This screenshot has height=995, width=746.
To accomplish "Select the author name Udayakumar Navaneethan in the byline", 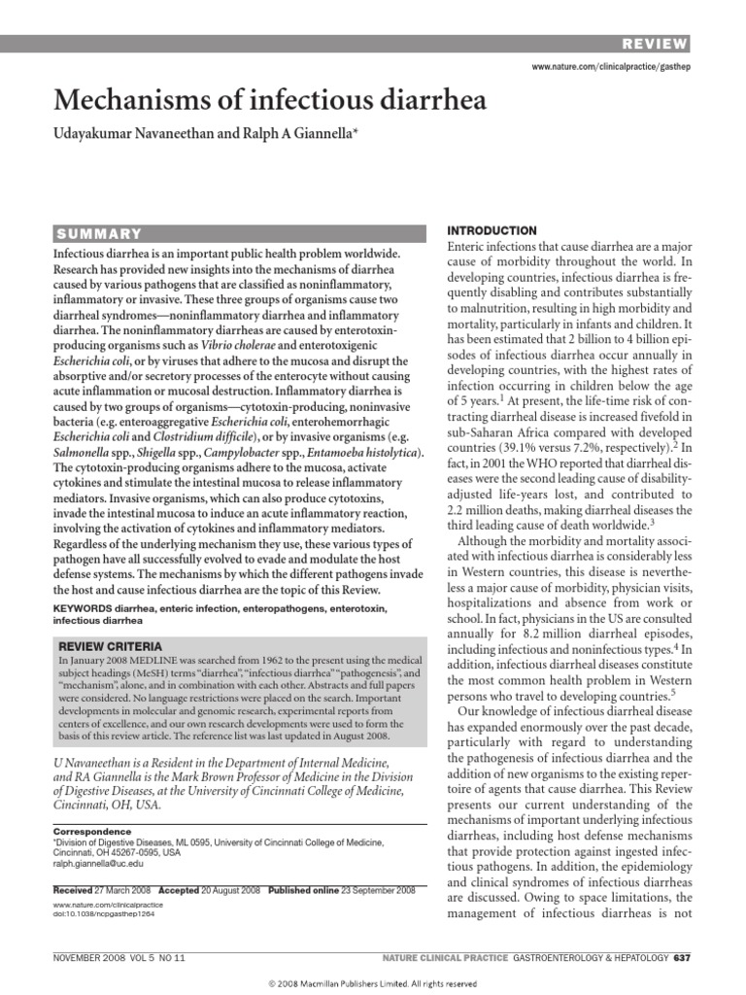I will click(x=135, y=143).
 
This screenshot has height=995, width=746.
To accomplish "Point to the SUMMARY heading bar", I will click(x=238, y=233).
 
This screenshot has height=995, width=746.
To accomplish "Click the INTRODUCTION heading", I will click(x=491, y=230).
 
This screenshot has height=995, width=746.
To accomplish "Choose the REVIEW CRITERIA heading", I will click(x=111, y=645).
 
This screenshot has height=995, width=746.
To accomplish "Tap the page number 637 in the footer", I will click(x=681, y=957).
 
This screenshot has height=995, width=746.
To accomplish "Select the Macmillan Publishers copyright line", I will click(x=372, y=982).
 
